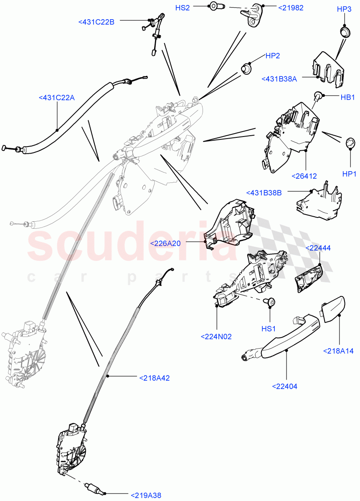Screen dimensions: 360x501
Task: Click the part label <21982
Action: coord(291,8)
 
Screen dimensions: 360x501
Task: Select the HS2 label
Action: coord(183,8)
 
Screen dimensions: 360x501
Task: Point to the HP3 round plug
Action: coord(345,33)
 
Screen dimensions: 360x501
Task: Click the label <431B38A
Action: coord(279,79)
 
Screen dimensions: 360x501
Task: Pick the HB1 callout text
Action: coord(347,97)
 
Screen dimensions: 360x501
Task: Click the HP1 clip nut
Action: coord(350,143)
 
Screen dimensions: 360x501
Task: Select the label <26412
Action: coord(304,176)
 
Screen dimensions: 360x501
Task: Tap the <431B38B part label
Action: coord(264,193)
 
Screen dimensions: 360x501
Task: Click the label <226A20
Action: coord(165,243)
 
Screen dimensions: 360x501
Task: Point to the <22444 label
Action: coord(318,248)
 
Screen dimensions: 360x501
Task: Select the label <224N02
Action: coord(216,337)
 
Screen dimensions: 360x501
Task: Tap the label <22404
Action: coord(284,386)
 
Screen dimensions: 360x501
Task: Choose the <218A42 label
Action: coord(155,378)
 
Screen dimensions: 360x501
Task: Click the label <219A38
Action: coord(146,496)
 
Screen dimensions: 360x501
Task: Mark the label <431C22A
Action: coord(57,98)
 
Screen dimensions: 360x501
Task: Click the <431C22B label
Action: coord(96,22)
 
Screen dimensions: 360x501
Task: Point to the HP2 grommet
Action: coord(246,68)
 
